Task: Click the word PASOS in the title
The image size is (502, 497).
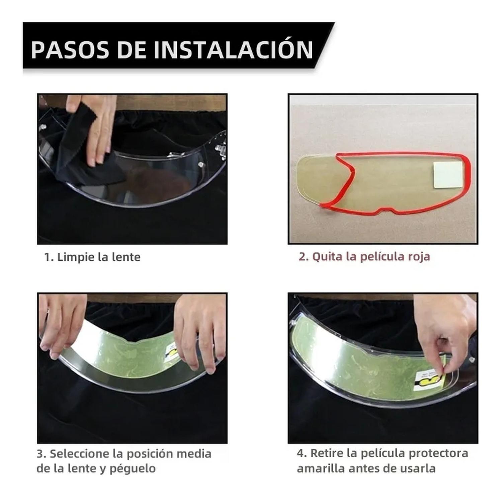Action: point(70,50)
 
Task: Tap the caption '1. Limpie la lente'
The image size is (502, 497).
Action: point(92,257)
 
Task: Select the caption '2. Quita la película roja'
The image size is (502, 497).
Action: point(364,257)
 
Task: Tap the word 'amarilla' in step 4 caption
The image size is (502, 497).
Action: point(321,468)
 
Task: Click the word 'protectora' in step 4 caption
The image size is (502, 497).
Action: point(438,453)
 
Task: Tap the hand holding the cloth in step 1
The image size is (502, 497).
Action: point(94,127)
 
